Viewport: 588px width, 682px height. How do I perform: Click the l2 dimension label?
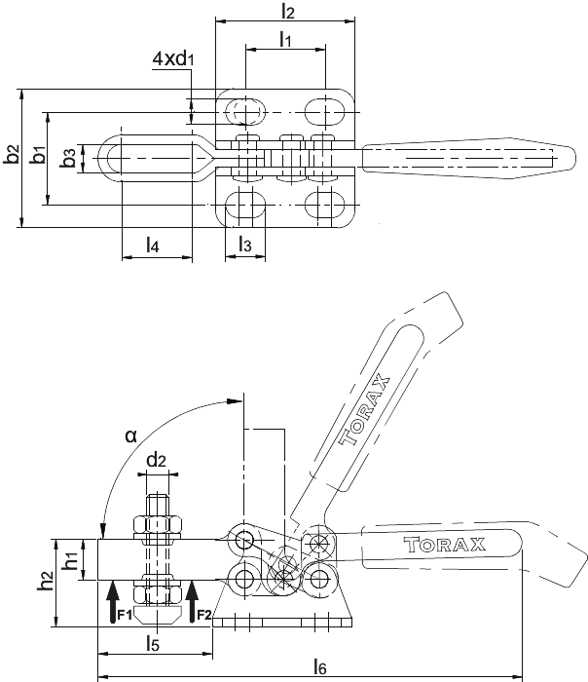tap(288, 11)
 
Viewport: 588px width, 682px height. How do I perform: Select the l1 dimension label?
tap(285, 39)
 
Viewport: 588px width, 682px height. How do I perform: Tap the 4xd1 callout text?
tap(173, 58)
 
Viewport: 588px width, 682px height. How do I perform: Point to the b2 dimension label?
tap(12, 154)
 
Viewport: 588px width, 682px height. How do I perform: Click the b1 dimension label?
tap(38, 154)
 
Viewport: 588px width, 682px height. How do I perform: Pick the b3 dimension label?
tap(69, 158)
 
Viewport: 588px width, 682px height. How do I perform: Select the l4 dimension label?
tap(152, 246)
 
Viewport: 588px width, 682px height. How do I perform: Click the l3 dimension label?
tap(245, 245)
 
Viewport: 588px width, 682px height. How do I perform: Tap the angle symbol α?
tap(130, 435)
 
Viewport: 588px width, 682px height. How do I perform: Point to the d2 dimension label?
tap(157, 459)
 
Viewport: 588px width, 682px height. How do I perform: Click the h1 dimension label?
tap(70, 559)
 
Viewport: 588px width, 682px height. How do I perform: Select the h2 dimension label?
tap(46, 581)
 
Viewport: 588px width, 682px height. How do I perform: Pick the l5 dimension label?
tap(153, 642)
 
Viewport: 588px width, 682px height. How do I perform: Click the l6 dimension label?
tap(319, 666)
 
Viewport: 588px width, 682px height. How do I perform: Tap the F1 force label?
tap(125, 615)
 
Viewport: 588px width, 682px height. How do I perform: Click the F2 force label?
tap(204, 615)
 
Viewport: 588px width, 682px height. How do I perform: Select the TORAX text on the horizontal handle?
tap(444, 544)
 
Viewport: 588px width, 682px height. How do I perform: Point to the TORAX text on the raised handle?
tap(364, 410)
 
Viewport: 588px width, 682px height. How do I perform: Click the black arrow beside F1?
tap(113, 602)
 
